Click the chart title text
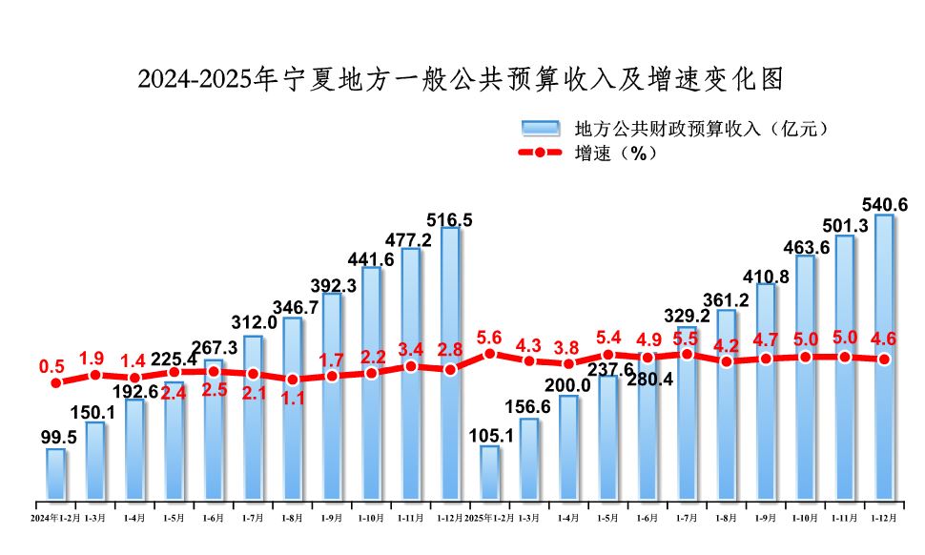[462, 79]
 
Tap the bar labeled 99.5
[56, 474]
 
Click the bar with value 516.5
[449, 362]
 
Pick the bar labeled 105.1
[489, 472]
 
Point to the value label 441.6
[371, 258]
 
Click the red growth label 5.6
[489, 336]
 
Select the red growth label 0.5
[51, 366]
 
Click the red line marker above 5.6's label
[489, 353]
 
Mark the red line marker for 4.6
[884, 360]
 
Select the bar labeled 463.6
[805, 377]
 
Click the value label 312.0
[253, 323]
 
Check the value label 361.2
[726, 299]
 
